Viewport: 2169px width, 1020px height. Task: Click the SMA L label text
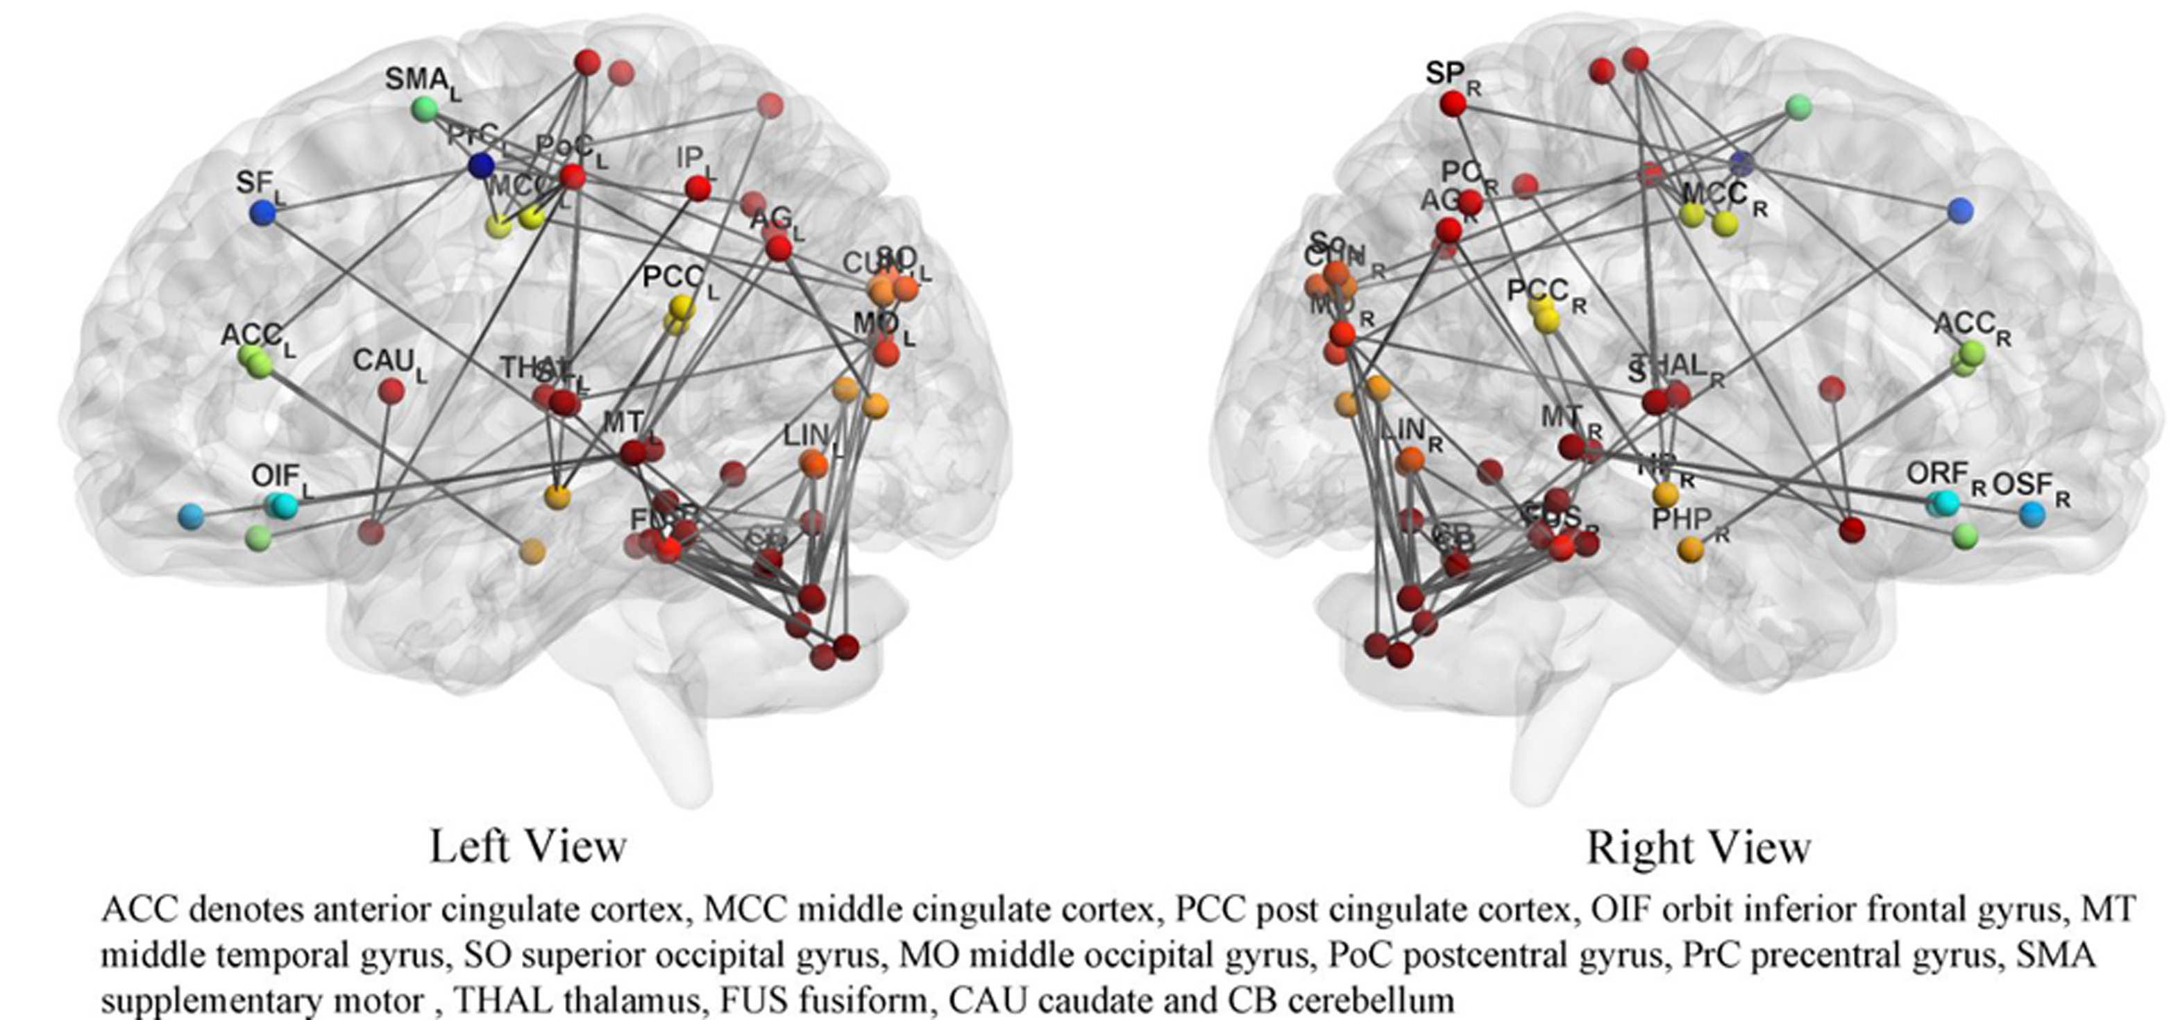[x=421, y=82]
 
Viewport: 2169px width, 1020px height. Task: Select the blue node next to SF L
[x=262, y=212]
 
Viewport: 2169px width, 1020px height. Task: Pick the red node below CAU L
[x=391, y=391]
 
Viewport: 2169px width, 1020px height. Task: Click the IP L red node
[x=698, y=189]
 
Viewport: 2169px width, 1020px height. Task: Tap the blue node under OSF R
[x=2032, y=514]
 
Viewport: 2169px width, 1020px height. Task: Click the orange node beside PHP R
[x=1690, y=550]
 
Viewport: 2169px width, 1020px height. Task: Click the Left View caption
[x=528, y=847]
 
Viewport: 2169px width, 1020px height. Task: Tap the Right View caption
[x=1698, y=847]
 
